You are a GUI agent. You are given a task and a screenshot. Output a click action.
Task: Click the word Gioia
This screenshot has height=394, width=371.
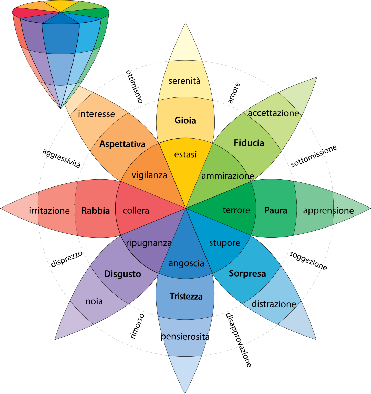[185, 120]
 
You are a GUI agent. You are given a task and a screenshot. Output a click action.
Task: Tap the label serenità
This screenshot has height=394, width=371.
[184, 81]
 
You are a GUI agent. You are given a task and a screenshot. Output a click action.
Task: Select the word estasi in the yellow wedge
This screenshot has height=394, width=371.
[186, 154]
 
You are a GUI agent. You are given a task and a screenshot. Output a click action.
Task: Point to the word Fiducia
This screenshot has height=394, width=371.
[249, 143]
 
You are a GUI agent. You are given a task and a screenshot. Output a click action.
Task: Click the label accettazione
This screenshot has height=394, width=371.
[273, 113]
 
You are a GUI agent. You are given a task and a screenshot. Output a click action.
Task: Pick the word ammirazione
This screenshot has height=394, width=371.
[228, 176]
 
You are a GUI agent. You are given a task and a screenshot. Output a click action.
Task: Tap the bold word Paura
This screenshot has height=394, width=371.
[276, 210]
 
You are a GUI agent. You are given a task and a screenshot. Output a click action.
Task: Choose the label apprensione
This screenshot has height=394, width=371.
[328, 211]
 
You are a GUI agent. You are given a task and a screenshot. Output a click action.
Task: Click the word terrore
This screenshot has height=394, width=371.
[236, 210]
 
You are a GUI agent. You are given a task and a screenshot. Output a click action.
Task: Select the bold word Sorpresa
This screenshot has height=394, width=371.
[247, 273]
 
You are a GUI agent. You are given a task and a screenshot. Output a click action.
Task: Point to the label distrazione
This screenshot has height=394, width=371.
[274, 304]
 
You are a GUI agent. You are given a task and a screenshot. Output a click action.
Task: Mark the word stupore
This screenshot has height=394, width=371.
[225, 243]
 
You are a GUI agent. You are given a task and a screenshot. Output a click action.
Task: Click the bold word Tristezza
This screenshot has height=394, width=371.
[186, 296]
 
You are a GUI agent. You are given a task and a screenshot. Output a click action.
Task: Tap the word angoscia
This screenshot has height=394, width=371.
[186, 263]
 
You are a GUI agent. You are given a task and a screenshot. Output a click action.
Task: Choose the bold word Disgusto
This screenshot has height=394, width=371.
[122, 274]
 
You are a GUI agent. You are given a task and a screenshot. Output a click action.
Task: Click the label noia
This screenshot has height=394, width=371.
[94, 301]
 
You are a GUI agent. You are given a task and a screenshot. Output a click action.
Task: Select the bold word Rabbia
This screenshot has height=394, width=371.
[96, 211]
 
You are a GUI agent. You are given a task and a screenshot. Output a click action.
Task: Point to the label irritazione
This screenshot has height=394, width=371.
[49, 211]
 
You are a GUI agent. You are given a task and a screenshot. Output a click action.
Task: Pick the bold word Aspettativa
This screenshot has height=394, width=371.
[122, 144]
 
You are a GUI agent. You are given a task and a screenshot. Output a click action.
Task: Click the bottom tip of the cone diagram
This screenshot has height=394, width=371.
[61, 108]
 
